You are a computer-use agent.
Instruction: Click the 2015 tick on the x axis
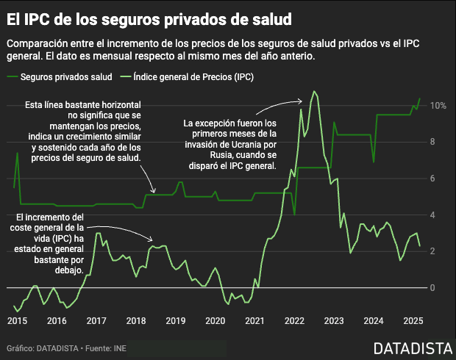[x=17, y=320]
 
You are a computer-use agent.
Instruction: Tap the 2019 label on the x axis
[x=175, y=320]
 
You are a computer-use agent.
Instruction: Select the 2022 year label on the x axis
[x=294, y=320]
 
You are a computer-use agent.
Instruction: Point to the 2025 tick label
[x=413, y=320]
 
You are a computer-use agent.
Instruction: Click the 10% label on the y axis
[x=438, y=106]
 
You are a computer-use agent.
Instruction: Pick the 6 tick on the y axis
[x=434, y=179]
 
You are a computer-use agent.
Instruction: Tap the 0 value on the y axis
[x=434, y=287]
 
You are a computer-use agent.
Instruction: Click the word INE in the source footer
[x=121, y=348]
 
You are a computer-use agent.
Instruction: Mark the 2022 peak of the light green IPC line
[x=314, y=91]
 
